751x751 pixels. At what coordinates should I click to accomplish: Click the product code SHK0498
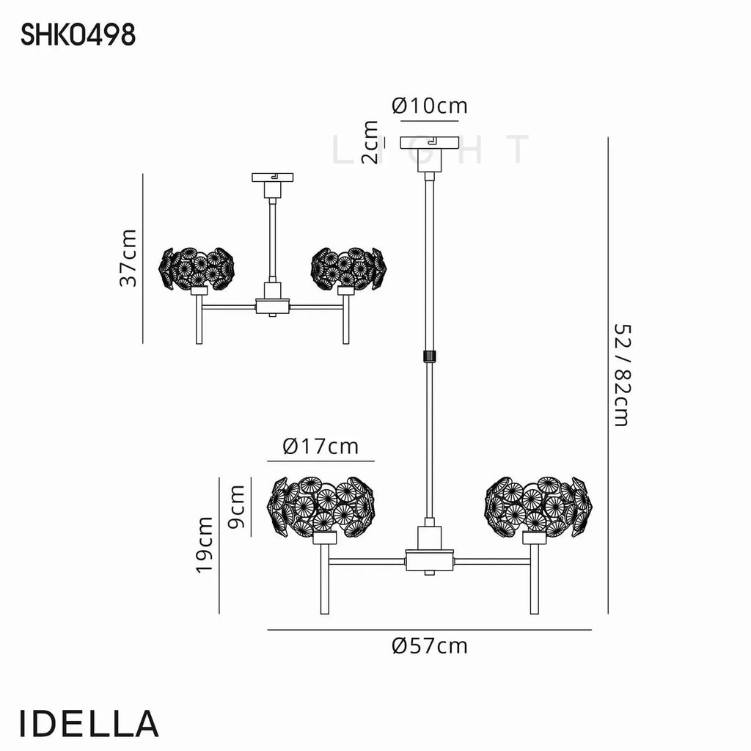click(78, 35)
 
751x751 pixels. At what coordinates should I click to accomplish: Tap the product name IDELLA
click(89, 723)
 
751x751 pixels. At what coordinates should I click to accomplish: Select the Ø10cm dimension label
click(429, 106)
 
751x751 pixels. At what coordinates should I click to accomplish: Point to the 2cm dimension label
click(370, 142)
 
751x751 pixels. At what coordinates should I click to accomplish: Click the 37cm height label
click(128, 258)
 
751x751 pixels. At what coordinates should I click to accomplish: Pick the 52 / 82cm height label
click(623, 375)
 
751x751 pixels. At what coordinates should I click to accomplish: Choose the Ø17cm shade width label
click(320, 447)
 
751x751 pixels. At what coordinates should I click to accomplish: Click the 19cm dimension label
click(204, 545)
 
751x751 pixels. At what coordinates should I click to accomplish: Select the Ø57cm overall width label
click(429, 646)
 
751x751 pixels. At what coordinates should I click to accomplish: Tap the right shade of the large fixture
click(538, 507)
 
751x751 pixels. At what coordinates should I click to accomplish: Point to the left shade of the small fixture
click(197, 268)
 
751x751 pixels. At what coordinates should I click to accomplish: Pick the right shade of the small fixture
click(348, 268)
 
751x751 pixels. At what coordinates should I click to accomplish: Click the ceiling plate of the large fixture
click(430, 142)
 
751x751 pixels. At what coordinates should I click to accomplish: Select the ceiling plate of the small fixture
click(273, 177)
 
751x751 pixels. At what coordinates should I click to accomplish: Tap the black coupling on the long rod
click(430, 356)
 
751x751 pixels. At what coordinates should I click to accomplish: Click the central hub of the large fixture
click(430, 560)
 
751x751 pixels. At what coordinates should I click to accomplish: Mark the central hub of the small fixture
click(273, 306)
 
